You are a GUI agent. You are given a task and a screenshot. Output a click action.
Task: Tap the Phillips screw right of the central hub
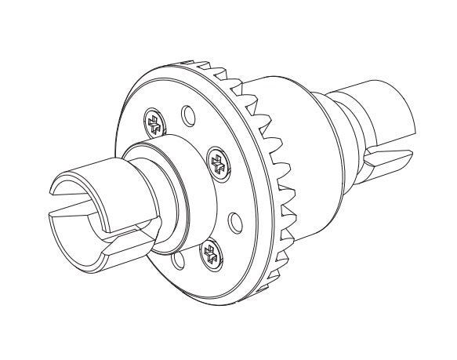click(217, 164)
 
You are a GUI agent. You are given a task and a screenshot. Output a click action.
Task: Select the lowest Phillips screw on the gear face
click(209, 253)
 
